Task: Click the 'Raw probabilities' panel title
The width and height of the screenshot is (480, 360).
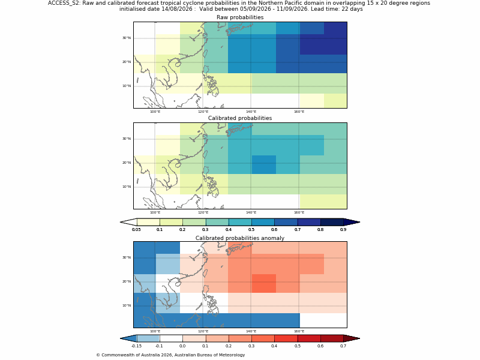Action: click(240, 17)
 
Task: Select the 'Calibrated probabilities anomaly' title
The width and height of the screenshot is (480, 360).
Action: click(240, 238)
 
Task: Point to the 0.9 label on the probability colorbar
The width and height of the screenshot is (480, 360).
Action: click(343, 230)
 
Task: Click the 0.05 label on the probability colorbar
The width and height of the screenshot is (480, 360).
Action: click(136, 230)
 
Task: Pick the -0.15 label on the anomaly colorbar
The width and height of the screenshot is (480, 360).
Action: click(136, 346)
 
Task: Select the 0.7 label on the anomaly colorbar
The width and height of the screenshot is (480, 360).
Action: click(343, 346)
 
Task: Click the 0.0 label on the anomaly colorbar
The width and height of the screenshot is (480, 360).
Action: click(182, 346)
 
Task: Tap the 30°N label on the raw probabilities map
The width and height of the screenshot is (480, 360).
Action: click(127, 38)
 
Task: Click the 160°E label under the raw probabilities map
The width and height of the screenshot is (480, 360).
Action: click(299, 112)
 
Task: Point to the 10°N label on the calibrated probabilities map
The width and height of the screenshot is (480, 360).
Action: click(127, 187)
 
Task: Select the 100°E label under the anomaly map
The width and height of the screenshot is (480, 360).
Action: click(155, 331)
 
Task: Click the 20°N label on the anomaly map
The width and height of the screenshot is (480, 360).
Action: click(127, 281)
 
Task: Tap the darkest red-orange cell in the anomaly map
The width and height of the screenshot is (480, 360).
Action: click(264, 283)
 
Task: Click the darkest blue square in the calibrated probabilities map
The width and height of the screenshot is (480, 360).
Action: click(264, 164)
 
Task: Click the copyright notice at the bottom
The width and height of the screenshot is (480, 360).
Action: click(170, 355)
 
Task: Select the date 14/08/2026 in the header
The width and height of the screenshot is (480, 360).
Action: click(177, 9)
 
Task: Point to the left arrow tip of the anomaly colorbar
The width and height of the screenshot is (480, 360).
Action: click(121, 338)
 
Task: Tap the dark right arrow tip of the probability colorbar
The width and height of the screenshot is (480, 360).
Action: click(359, 222)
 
